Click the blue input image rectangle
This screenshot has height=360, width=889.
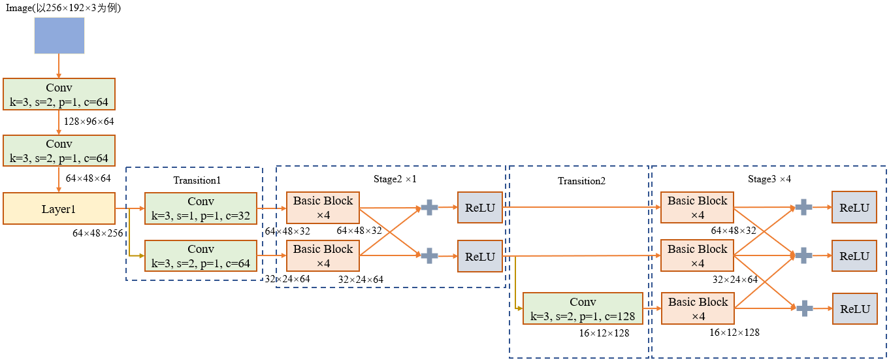59,35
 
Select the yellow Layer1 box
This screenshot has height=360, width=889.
59,208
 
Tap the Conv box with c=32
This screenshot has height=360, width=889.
201,208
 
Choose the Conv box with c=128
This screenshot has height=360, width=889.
583,309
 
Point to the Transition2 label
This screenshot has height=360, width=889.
581,181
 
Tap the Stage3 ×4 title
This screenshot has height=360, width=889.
769,178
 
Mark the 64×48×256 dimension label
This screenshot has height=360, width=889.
98,233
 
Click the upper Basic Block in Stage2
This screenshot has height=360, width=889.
323,208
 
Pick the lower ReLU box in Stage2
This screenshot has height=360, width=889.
480,256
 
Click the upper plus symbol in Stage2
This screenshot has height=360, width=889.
429,208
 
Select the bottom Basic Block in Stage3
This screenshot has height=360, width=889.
698,308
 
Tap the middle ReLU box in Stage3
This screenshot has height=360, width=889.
854,256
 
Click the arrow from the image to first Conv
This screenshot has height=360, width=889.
59,65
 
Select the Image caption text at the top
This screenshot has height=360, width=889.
63,8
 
